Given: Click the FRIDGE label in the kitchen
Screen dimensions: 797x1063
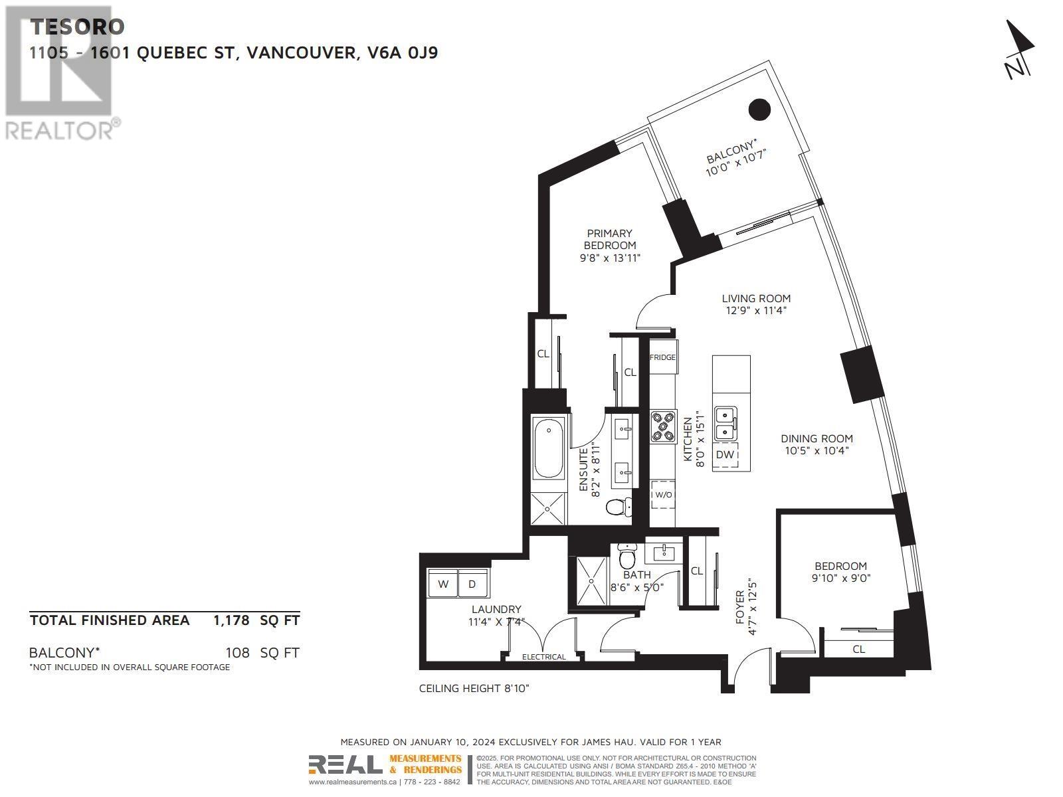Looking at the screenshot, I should coord(662,357).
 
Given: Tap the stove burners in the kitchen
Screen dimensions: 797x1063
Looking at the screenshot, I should coord(662,426).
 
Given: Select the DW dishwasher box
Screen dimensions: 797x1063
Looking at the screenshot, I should coord(725,455).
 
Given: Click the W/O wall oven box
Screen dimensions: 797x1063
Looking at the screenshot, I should coord(662,495).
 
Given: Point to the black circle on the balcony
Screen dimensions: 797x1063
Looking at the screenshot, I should coord(759,109).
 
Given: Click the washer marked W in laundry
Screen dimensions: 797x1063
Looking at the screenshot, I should coord(443,584).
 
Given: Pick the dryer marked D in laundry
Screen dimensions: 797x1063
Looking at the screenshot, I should coord(472,584).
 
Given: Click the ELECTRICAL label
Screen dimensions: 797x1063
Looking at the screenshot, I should coord(543,657).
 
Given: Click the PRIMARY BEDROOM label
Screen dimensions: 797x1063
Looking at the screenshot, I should coord(609,239).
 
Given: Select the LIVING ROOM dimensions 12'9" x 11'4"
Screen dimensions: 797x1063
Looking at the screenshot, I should coord(756,310).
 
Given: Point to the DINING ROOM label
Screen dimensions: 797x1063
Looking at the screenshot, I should coord(817,438).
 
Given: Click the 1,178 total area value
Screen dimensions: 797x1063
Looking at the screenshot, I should coord(231,620).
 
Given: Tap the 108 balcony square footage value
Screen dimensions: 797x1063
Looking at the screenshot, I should coord(237,653).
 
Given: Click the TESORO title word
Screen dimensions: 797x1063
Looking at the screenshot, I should coord(77,27).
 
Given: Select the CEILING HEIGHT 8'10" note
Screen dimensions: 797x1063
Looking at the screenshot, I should coord(474,689).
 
